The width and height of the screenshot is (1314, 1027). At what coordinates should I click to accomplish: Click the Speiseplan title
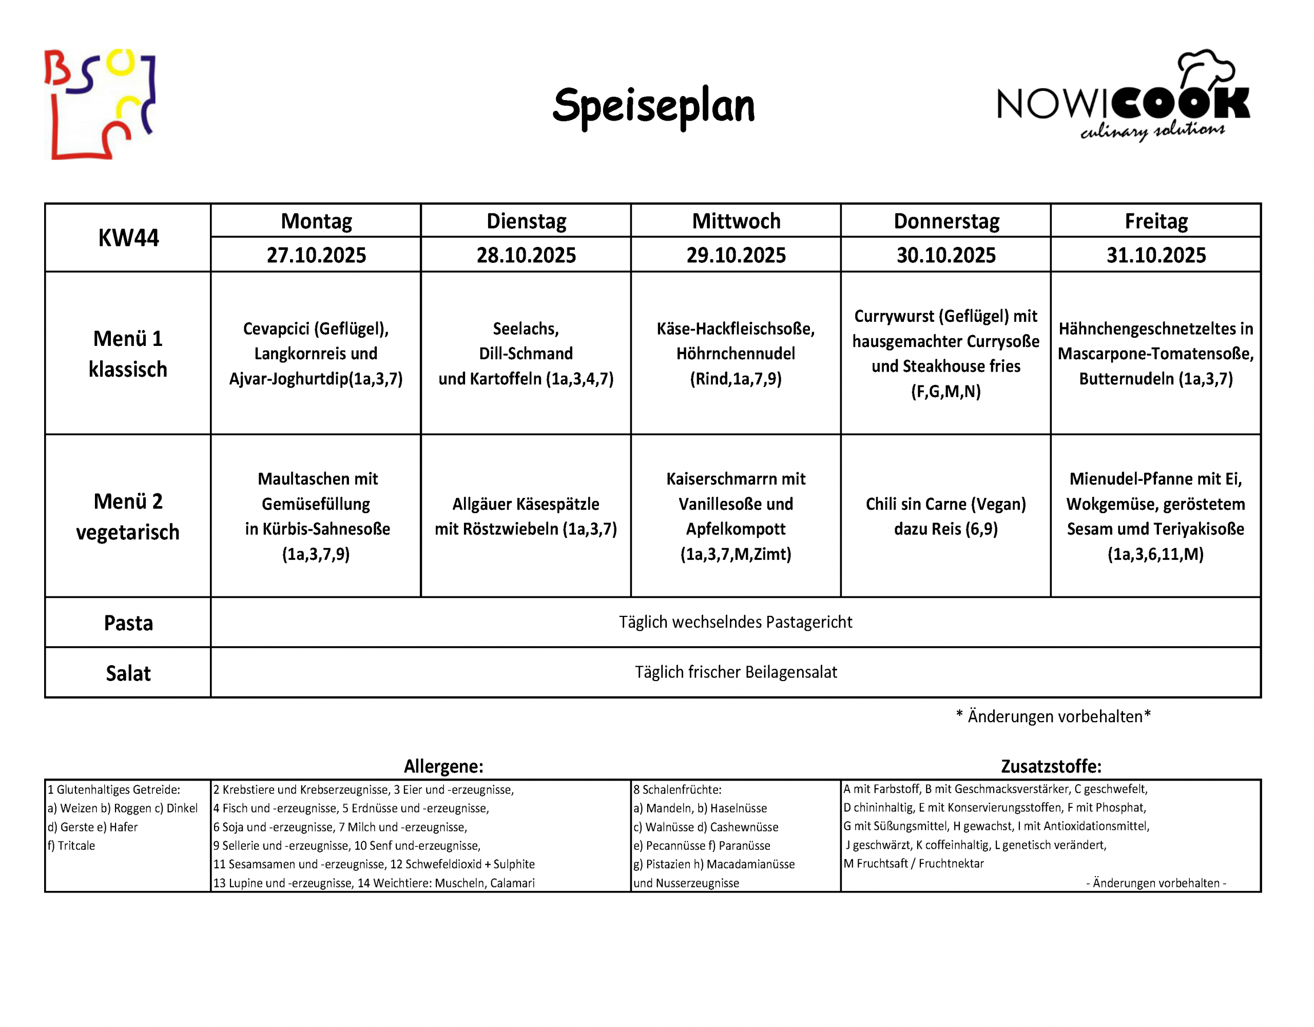(653, 106)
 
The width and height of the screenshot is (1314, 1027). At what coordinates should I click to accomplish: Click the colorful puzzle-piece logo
(100, 105)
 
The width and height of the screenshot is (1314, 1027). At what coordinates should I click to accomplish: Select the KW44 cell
(128, 238)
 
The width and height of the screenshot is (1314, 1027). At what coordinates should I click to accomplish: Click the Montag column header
(317, 221)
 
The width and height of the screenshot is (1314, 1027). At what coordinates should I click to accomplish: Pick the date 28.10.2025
(527, 255)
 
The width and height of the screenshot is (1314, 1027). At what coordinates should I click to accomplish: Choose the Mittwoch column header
(736, 221)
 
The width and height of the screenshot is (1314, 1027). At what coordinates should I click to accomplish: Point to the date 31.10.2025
(1156, 255)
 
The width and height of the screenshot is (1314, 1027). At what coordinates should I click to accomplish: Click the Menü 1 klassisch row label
(128, 354)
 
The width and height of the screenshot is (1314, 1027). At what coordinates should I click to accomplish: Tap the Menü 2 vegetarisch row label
(128, 516)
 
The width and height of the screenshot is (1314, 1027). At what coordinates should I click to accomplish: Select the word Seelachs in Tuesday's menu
(526, 329)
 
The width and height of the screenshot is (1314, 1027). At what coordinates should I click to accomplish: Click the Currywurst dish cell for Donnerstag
(946, 354)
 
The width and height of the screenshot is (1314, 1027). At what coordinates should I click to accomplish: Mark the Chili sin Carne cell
(946, 516)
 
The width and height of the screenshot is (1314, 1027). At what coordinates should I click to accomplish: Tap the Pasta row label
(128, 623)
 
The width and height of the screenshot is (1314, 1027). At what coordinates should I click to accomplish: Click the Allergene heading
(443, 766)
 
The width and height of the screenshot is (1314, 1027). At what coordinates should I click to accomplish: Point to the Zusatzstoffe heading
(1051, 766)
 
